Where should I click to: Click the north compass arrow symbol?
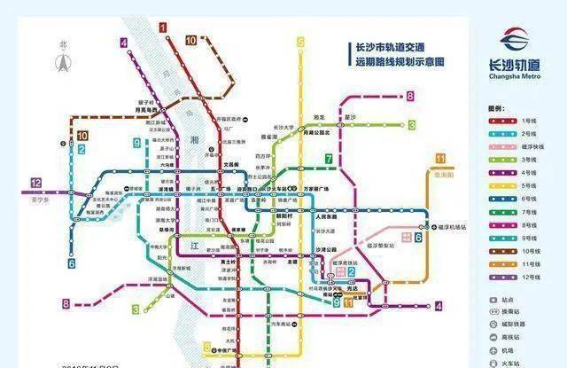tap(63, 61)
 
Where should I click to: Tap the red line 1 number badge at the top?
tap(164, 27)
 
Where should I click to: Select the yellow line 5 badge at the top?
tap(300, 41)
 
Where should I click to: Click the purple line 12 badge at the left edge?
tap(35, 183)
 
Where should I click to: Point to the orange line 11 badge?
tap(439, 159)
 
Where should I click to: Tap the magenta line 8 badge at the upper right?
tap(410, 95)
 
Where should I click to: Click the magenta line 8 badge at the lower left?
tap(66, 304)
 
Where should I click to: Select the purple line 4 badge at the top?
tap(124, 42)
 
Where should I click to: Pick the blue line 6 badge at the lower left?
tap(71, 263)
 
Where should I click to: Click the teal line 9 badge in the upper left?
tap(136, 142)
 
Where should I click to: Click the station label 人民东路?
tap(328, 215)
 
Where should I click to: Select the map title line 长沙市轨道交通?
tap(390, 48)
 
